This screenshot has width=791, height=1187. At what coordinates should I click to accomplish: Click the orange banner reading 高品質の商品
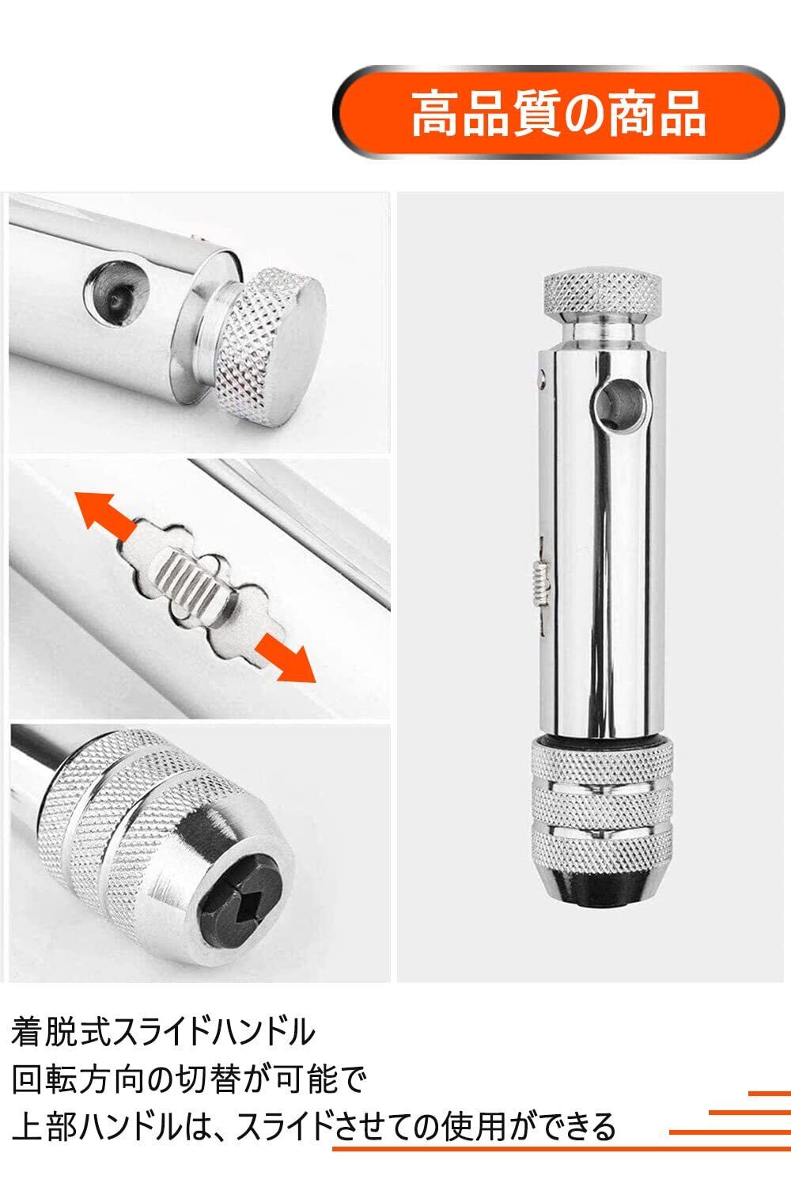(559, 112)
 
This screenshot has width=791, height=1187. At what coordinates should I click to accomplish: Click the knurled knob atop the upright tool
(603, 294)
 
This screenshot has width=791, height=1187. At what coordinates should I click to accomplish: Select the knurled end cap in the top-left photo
(271, 344)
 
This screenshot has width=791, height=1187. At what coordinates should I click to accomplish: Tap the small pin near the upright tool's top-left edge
(541, 377)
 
